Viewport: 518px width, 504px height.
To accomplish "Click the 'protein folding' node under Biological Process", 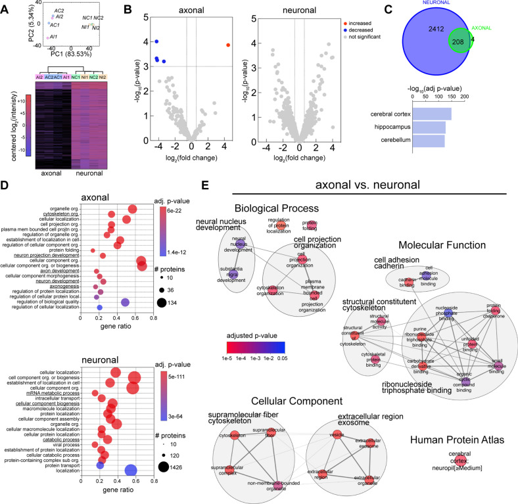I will [310, 225].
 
